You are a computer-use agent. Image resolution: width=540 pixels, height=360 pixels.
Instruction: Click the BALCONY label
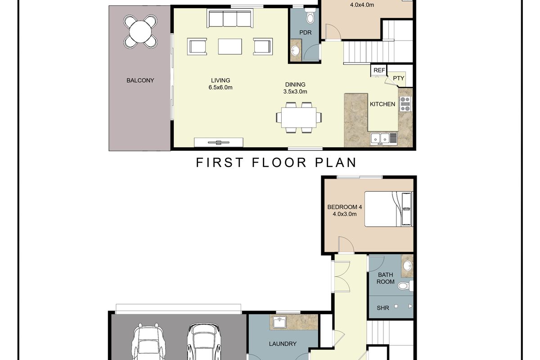pos(140,81)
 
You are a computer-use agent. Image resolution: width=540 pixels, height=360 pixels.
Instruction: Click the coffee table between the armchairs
pos(229,46)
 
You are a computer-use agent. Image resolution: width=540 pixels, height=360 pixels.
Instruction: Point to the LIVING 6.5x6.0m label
pos(220,84)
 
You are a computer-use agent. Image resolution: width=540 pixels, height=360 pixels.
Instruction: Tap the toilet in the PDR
pos(310,17)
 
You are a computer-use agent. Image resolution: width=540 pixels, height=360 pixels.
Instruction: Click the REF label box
pos(379,71)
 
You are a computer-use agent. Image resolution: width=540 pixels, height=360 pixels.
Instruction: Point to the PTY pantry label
pos(399,78)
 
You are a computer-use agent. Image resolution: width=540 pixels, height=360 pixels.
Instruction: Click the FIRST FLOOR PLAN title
pos(276,162)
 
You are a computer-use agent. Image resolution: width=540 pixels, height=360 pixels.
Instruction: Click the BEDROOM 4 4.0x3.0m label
pos(344,211)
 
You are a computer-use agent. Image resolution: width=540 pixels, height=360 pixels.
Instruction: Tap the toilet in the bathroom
pos(404,285)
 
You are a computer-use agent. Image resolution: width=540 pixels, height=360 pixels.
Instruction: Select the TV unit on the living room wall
pos(219,143)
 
